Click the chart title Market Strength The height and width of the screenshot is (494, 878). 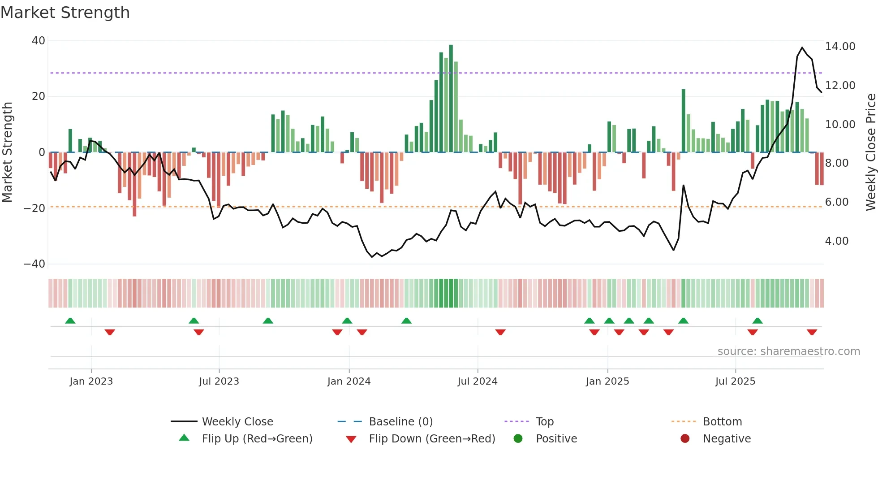[x=65, y=13]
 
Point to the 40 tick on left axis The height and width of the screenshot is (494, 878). [x=39, y=41]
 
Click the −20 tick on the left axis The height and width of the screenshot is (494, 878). [x=34, y=208]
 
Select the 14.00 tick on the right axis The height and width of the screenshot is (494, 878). [x=840, y=47]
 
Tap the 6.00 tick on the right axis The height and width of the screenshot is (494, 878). [x=836, y=202]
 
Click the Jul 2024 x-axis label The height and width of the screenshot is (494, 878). [x=477, y=381]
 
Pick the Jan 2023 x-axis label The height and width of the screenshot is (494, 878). [x=91, y=381]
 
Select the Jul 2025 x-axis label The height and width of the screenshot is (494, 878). [x=735, y=381]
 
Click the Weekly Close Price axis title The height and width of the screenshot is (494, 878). [x=870, y=152]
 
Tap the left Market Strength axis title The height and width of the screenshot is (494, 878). [x=7, y=152]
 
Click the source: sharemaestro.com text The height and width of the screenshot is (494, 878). [x=788, y=351]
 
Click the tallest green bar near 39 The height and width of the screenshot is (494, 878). [x=451, y=99]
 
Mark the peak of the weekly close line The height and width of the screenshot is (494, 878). [x=802, y=48]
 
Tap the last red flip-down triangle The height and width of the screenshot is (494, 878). [x=812, y=332]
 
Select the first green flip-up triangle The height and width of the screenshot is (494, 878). [x=70, y=321]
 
